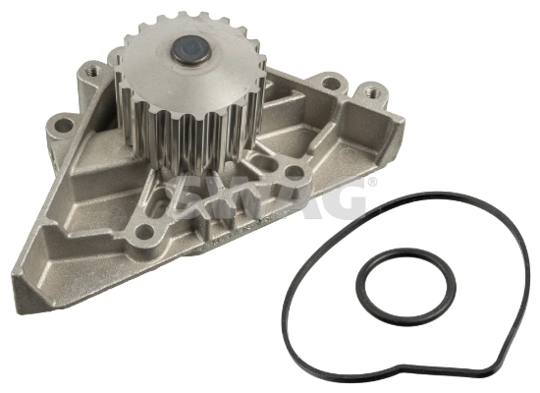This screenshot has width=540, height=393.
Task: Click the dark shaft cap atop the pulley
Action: (x=189, y=50)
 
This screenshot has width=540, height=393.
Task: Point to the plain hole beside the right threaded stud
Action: (x=331, y=84)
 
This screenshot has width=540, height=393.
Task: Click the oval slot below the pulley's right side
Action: (x=265, y=162)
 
